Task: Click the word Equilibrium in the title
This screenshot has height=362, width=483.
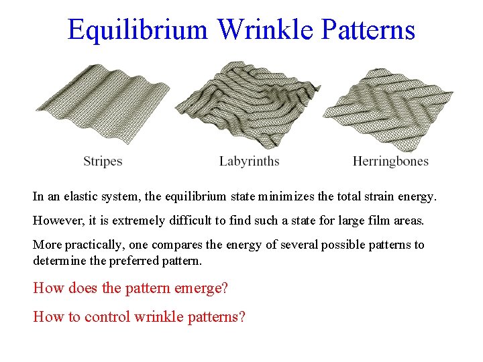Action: point(138,30)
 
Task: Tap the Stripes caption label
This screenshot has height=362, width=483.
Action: point(103,161)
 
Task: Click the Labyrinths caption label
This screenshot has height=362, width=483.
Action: point(249,161)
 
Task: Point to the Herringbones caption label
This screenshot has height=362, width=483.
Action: point(390,161)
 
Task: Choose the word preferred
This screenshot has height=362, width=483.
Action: point(127,260)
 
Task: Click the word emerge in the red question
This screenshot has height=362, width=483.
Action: point(201,288)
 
